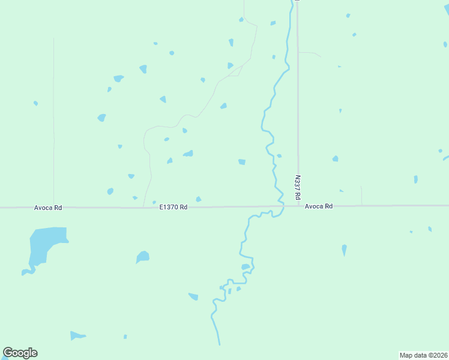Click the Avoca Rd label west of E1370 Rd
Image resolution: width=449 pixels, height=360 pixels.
click(x=48, y=208)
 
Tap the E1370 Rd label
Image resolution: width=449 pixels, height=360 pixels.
click(x=173, y=207)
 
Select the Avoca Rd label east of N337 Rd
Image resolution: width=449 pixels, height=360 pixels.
click(x=318, y=206)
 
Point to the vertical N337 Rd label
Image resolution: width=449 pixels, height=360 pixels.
click(x=297, y=187)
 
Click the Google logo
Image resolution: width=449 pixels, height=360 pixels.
click(x=20, y=353)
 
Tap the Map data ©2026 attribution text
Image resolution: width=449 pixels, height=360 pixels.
click(x=424, y=355)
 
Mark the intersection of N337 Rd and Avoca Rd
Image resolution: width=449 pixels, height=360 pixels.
click(x=298, y=206)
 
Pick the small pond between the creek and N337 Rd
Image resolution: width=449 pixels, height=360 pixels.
click(x=279, y=156)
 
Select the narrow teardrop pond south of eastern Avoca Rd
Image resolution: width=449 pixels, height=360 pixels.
click(x=344, y=249)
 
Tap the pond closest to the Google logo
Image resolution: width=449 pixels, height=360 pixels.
click(x=77, y=335)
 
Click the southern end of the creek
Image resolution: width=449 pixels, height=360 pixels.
click(x=219, y=343)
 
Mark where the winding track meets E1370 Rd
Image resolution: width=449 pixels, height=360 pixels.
click(x=143, y=207)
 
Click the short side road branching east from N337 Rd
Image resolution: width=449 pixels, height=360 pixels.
click(x=309, y=53)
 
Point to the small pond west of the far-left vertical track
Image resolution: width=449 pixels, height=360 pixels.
click(x=35, y=103)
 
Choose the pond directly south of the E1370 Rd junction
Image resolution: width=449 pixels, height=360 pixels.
click(x=142, y=257)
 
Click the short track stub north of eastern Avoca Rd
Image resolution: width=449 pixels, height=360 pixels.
click(x=361, y=195)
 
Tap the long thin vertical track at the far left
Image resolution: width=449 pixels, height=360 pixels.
click(x=53, y=120)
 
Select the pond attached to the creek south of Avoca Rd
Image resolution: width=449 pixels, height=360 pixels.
click(x=245, y=266)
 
